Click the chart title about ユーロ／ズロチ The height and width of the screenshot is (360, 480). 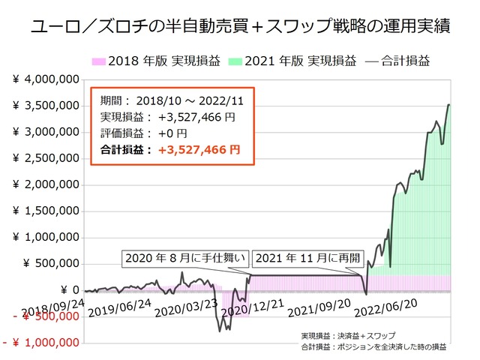(240, 28)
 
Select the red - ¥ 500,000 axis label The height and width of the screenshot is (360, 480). (43, 316)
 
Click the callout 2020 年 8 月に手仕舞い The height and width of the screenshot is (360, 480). (184, 259)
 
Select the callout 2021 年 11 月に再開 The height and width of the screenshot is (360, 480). (307, 259)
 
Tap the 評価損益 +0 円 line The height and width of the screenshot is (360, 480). (143, 133)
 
